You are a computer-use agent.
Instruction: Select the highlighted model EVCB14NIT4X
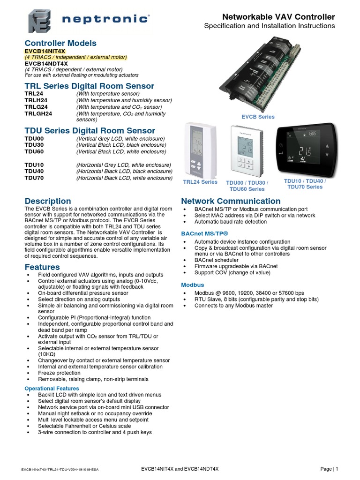pos(45,51)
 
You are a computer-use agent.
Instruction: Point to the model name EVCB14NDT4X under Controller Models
pos(46,63)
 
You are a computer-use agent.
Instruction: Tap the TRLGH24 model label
pos(38,113)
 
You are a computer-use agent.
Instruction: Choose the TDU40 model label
pos(34,171)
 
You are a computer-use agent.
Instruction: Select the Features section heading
pos(42,267)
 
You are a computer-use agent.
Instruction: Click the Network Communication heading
pos(231,201)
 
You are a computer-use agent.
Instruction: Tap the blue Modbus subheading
pos(193,285)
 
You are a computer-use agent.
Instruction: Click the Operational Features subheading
pos(52,389)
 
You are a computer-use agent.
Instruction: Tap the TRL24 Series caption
pos(200,182)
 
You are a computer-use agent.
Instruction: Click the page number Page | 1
pos(329,469)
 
